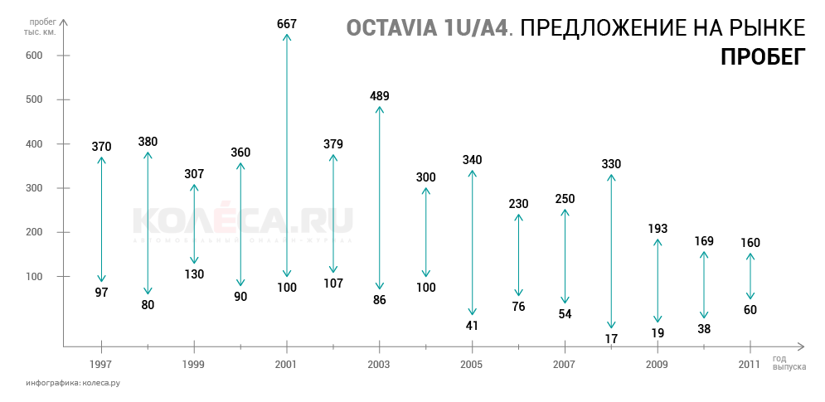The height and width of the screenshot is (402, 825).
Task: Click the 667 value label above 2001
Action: [x=287, y=24]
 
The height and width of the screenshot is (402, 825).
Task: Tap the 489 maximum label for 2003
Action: [x=380, y=96]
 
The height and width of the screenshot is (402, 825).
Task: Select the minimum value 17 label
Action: [x=611, y=338]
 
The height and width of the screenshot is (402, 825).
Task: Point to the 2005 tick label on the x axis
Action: [x=472, y=365]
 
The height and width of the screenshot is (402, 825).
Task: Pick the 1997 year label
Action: [x=101, y=365]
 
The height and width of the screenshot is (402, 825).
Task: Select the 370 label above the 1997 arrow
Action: [x=101, y=147]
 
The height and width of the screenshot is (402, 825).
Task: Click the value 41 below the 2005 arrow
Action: [x=472, y=325]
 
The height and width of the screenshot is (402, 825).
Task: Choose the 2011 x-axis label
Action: [x=750, y=365]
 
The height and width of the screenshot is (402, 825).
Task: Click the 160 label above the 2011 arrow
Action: [x=750, y=243]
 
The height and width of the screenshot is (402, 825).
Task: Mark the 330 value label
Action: [x=611, y=164]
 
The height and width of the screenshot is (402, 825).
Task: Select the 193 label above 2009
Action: [x=658, y=228]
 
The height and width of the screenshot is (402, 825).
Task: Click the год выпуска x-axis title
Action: [x=789, y=362]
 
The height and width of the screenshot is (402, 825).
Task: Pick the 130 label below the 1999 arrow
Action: [x=194, y=274]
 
